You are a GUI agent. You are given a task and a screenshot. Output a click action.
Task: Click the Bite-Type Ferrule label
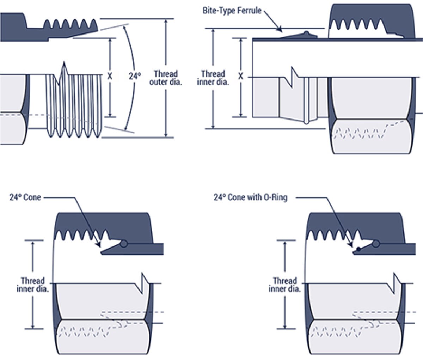click(x=232, y=10)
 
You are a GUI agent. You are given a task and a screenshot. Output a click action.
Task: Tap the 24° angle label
click(x=135, y=75)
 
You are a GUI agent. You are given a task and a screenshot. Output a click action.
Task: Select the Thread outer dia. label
click(x=166, y=78)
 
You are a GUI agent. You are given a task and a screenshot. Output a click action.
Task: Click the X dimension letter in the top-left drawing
click(x=110, y=76)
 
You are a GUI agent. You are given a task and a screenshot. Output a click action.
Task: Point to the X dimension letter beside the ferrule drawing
click(x=241, y=76)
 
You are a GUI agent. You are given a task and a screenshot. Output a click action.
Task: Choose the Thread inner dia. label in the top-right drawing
click(x=213, y=78)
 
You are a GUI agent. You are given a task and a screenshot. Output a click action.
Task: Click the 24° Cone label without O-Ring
click(x=25, y=197)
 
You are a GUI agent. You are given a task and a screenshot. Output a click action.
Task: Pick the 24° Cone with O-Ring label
click(x=250, y=197)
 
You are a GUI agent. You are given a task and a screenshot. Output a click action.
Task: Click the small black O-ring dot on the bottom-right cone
click(x=358, y=249)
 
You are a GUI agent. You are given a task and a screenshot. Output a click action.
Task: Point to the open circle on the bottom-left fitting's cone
click(x=123, y=244)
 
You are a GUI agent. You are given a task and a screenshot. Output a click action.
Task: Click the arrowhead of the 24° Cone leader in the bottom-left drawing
click(x=99, y=245)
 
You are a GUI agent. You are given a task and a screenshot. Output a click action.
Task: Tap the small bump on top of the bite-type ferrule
click(x=306, y=33)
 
